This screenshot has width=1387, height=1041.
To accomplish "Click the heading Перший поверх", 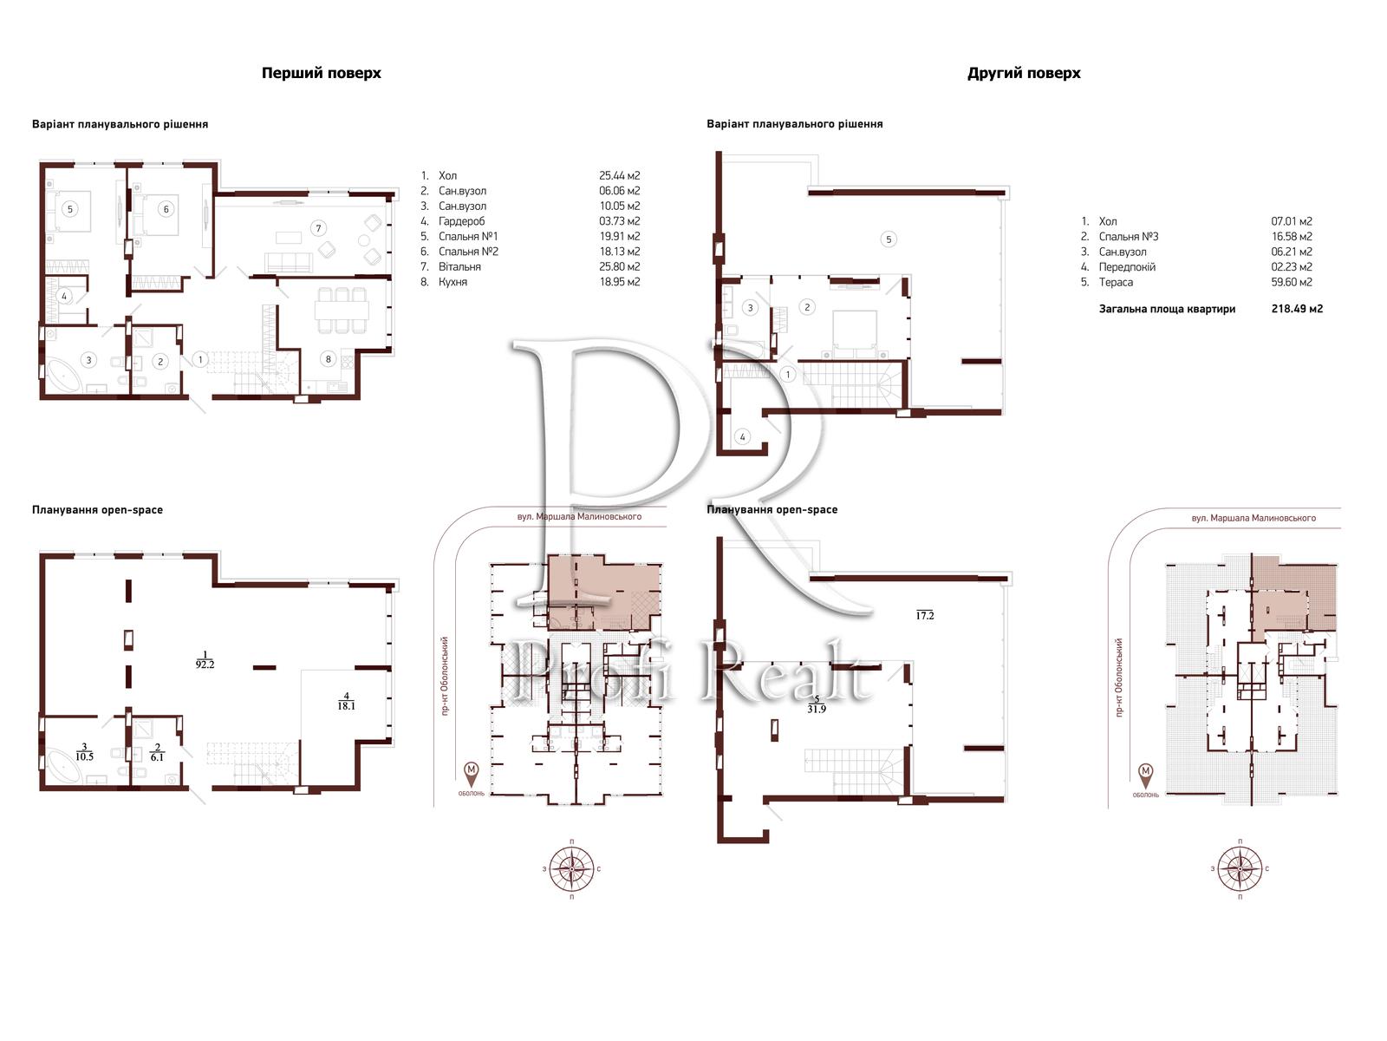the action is click(x=321, y=74).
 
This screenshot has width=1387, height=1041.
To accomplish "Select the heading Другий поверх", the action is click(x=1024, y=74).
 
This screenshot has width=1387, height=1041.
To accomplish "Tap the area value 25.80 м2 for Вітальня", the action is click(x=619, y=266).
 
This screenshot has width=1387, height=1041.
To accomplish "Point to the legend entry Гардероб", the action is click(x=462, y=221).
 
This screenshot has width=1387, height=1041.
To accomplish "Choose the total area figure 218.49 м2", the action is click(x=1297, y=309).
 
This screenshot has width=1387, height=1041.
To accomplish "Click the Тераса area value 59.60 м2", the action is click(x=1292, y=283).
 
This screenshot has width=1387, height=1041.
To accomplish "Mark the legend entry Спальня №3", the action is click(x=1129, y=236).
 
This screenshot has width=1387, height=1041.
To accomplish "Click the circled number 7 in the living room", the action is click(x=318, y=228).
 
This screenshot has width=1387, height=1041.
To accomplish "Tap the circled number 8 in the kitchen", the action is click(x=328, y=359).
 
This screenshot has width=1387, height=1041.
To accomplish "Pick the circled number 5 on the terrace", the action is click(x=889, y=239).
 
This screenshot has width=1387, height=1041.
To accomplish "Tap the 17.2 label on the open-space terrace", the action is click(x=924, y=615).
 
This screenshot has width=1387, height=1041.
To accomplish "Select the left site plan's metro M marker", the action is click(x=471, y=771).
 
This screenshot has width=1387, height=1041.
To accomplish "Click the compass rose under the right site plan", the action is click(x=1240, y=868).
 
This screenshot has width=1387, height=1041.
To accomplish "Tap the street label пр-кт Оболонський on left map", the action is click(x=445, y=677).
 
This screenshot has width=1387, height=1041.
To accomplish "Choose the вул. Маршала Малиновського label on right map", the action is click(x=1254, y=518).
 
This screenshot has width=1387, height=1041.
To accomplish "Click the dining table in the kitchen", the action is click(x=342, y=310).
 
